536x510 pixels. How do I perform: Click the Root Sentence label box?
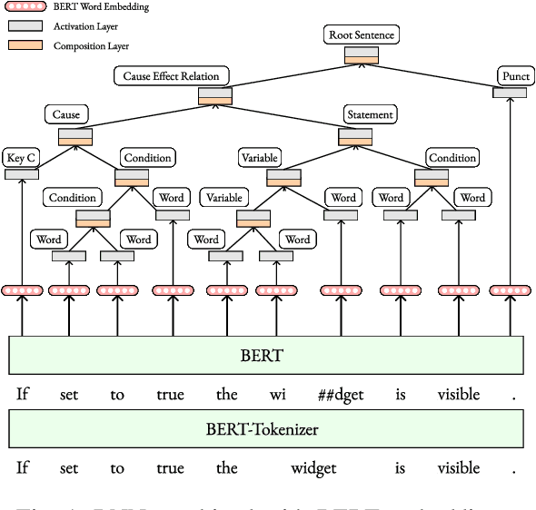[x=362, y=35]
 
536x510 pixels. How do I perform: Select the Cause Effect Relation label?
[x=172, y=76]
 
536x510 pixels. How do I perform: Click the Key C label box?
[x=22, y=157]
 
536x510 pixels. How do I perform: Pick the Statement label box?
[x=370, y=114]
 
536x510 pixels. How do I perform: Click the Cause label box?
[x=66, y=114]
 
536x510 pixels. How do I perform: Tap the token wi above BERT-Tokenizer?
[x=277, y=395]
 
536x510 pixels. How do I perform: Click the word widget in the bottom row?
[x=313, y=468]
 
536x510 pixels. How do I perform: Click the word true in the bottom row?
[x=170, y=468]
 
